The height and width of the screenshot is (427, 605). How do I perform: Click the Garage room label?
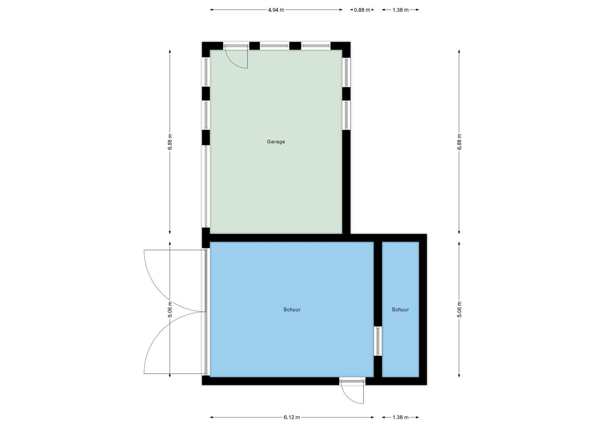coord(276,142)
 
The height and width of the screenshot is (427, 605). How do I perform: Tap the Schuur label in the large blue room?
coord(292,310)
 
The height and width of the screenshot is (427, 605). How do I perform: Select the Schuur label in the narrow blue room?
coord(400,310)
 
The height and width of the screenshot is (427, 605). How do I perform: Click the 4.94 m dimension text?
coord(276,10)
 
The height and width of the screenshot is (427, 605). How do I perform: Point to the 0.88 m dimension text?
coord(362,10)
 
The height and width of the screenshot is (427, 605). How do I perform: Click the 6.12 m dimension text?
coord(292,417)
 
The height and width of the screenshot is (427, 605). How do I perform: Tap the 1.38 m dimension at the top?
coord(400,10)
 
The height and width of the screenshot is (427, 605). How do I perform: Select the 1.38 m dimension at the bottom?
coord(400,417)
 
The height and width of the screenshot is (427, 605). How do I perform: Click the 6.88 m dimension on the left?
coord(169,142)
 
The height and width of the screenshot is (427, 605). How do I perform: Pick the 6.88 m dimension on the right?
coord(459,142)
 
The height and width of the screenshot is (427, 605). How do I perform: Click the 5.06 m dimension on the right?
coord(459,310)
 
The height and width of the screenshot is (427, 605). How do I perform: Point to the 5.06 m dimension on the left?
coord(169,310)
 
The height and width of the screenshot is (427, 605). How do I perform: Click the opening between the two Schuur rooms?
coord(378,341)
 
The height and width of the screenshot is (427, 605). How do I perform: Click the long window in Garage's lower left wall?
coord(206,186)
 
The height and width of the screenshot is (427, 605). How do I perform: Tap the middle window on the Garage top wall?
coord(274,46)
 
